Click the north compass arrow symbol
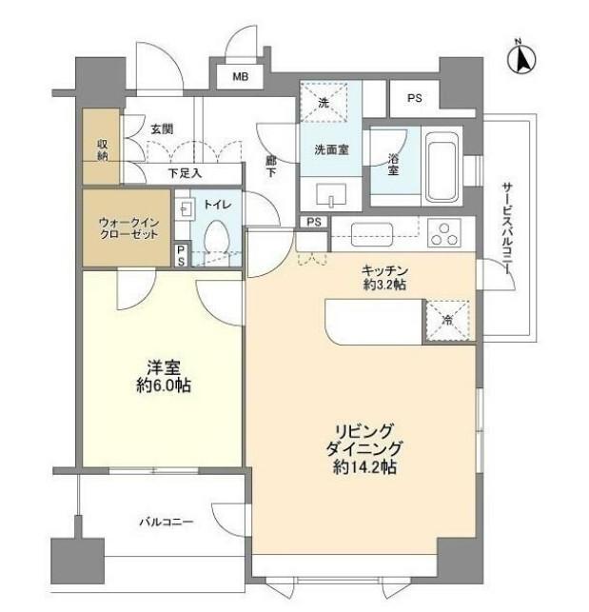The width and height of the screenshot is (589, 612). tap(521, 59)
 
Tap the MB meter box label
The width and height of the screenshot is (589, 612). tap(241, 76)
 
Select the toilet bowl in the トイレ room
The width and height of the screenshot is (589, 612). tap(216, 237)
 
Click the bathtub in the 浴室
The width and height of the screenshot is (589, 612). tap(442, 166)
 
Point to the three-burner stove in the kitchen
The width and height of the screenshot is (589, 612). tap(444, 233)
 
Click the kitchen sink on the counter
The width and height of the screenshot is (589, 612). tap(372, 234)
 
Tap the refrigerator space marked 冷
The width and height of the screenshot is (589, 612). tap(447, 321)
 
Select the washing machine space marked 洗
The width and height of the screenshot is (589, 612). tap(324, 103)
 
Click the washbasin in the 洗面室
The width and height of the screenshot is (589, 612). tap(331, 195)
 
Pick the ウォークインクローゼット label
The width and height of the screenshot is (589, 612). tap(128, 228)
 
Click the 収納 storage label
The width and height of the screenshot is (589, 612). tap(102, 149)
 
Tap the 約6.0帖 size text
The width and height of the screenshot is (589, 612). tap(164, 386)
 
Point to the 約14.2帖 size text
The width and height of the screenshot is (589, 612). tap(364, 466)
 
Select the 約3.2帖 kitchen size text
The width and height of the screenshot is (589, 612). tap(384, 285)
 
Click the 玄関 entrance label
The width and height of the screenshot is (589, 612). tap(162, 128)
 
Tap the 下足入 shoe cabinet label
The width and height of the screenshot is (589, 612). tap(185, 173)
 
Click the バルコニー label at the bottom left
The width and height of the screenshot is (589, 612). tap(167, 522)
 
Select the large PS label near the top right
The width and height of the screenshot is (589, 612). tap(415, 98)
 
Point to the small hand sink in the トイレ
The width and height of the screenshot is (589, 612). tap(184, 210)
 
